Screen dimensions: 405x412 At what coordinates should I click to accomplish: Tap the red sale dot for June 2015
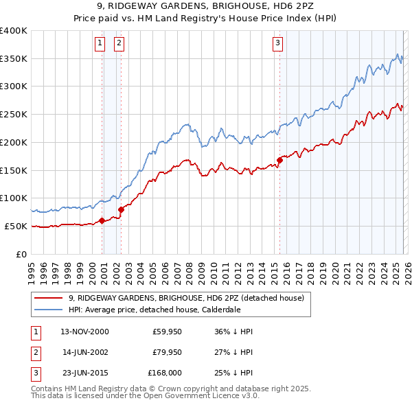[279, 160]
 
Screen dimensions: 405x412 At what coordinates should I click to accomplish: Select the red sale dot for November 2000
[102, 220]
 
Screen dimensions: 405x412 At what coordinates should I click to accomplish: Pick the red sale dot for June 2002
[122, 209]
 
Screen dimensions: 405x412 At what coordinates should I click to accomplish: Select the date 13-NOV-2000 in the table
[84, 332]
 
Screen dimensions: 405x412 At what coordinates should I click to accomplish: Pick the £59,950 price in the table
[165, 332]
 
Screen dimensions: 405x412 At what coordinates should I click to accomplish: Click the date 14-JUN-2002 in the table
[84, 352]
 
